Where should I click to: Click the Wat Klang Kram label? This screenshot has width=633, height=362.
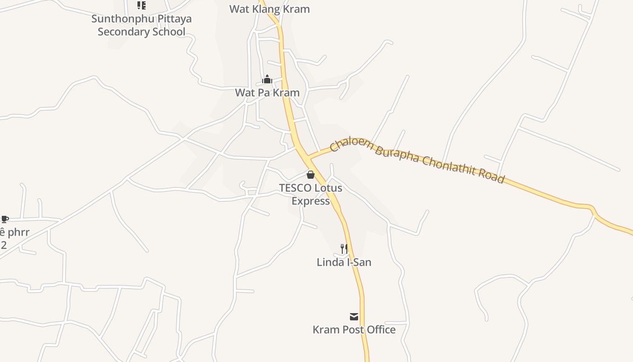[x=269, y=9]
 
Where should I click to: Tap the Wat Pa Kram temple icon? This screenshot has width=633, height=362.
[x=267, y=80]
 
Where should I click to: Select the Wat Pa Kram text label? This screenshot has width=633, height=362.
[x=267, y=93]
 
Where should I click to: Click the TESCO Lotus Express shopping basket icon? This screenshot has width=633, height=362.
[x=311, y=175]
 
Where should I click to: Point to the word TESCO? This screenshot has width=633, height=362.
[x=295, y=188]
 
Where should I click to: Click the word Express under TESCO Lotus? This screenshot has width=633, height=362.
[x=311, y=201]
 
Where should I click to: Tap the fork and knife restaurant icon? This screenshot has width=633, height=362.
[x=344, y=248]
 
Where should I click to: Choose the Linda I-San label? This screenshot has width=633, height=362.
[x=344, y=262]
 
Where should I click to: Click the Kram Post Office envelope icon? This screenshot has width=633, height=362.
[x=354, y=316]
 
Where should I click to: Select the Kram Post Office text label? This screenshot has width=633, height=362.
[x=354, y=330]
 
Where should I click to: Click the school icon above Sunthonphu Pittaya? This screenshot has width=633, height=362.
[x=142, y=5]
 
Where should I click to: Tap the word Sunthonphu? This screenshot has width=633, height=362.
[x=119, y=19]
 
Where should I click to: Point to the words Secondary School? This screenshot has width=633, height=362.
[x=142, y=32]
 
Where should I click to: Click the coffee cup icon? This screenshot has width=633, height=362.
[x=5, y=219]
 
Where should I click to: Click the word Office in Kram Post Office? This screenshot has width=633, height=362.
[x=379, y=330]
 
